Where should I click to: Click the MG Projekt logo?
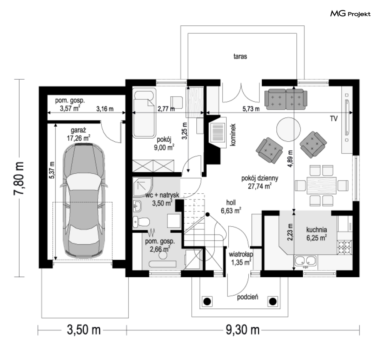pyautogui.click(x=350, y=14)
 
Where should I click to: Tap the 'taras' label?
pyautogui.click(x=240, y=57)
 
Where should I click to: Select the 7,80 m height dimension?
pyautogui.click(x=19, y=178)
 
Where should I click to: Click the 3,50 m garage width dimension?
pyautogui.click(x=84, y=330)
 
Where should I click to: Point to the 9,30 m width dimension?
pyautogui.click(x=242, y=330)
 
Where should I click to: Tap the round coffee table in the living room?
pyautogui.click(x=288, y=129)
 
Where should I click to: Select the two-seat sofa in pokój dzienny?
pyautogui.click(x=286, y=99)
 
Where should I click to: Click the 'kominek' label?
pyautogui.click(x=233, y=135)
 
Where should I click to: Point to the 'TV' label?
pyautogui.click(x=334, y=119)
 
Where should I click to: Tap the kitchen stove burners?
pyautogui.click(x=345, y=247)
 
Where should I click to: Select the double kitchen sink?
pyautogui.click(x=306, y=261)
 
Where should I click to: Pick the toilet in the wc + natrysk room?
pyautogui.click(x=141, y=222)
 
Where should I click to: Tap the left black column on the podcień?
pyautogui.click(x=207, y=301)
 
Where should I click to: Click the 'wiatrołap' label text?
pyautogui.click(x=241, y=254)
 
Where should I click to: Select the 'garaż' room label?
pyautogui.click(x=79, y=131)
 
